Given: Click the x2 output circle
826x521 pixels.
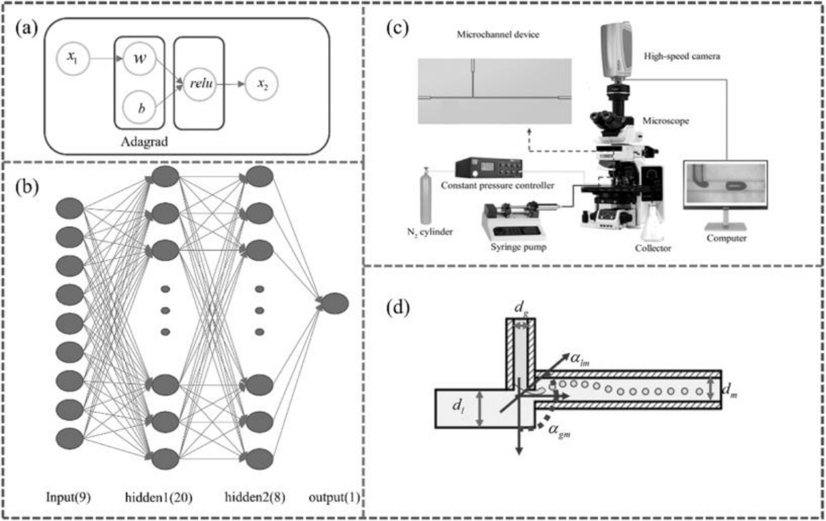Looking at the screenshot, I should pyautogui.click(x=260, y=85).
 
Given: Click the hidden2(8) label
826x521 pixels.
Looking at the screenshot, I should pyautogui.click(x=260, y=499).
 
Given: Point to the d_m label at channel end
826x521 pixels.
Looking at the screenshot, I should pyautogui.click(x=728, y=388).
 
